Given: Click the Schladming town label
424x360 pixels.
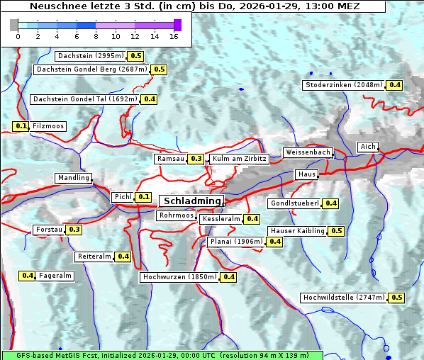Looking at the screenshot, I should (189, 201).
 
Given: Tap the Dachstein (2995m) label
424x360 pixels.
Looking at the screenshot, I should (90, 55).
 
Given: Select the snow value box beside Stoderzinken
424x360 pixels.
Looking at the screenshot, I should (394, 85).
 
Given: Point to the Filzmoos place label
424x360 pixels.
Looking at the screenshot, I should (48, 126).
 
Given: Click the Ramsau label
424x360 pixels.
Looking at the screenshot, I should (171, 159).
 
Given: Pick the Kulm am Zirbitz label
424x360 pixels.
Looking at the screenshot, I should (239, 159).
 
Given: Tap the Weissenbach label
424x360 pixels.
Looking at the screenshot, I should (307, 152).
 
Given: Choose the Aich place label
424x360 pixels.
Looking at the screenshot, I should (368, 147).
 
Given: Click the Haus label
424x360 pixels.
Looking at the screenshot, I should (306, 174).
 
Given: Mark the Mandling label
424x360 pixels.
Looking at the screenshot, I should (73, 178).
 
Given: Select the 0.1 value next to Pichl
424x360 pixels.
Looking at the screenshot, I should (144, 196).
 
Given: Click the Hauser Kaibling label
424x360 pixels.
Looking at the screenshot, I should (297, 231).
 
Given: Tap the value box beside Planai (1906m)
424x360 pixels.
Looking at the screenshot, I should (275, 242).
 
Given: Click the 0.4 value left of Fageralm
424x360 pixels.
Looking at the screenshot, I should (28, 276).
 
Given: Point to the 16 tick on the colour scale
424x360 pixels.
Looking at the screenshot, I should (174, 35).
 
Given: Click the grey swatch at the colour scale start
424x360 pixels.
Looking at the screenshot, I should (14, 25).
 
